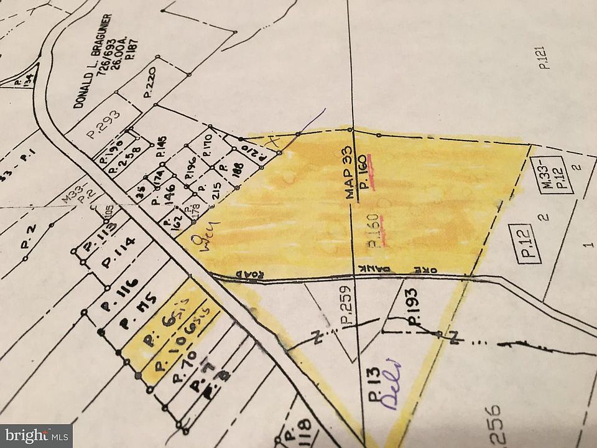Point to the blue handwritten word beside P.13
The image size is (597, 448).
tap(392, 384)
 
